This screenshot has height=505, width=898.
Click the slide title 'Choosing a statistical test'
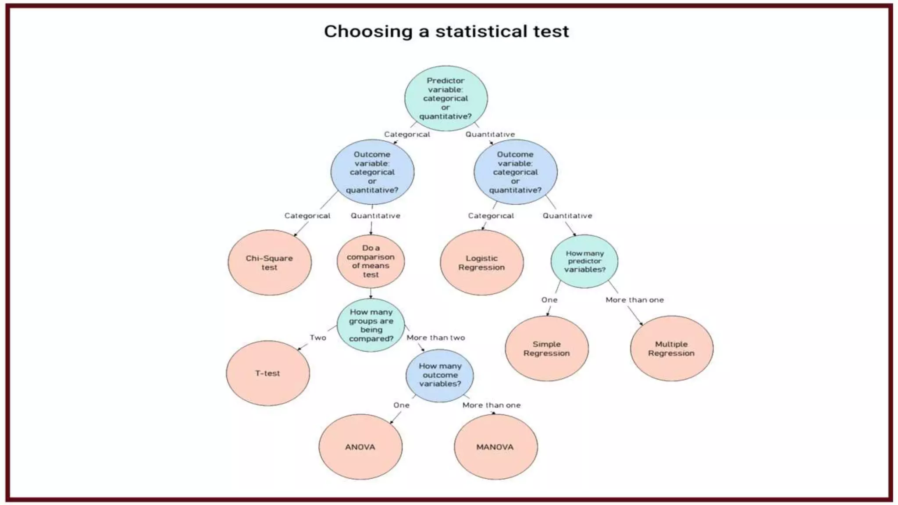click(446, 32)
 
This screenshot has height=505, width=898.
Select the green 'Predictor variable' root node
click(445, 98)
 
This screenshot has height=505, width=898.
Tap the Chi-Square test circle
click(269, 263)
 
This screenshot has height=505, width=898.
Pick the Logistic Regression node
click(481, 263)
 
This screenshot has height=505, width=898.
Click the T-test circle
click(267, 373)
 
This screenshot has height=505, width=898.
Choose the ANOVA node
click(360, 447)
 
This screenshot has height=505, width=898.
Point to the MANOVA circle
click(495, 447)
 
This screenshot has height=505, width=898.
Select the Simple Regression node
click(546, 349)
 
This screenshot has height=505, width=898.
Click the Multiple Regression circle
click(671, 349)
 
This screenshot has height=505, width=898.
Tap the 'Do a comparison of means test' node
click(371, 261)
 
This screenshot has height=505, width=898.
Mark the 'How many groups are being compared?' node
click(371, 325)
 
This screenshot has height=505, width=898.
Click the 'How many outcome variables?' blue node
click(440, 375)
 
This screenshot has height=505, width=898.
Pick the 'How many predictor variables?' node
click(584, 261)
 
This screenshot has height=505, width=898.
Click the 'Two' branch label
click(318, 338)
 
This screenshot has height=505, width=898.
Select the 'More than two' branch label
click(435, 338)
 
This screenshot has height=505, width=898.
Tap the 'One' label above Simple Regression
click(549, 300)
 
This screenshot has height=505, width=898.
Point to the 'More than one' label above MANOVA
click(492, 405)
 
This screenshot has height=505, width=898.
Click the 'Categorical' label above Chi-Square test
click(307, 216)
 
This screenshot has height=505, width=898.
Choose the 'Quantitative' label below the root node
click(490, 134)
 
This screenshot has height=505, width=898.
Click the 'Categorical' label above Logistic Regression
click(491, 216)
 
